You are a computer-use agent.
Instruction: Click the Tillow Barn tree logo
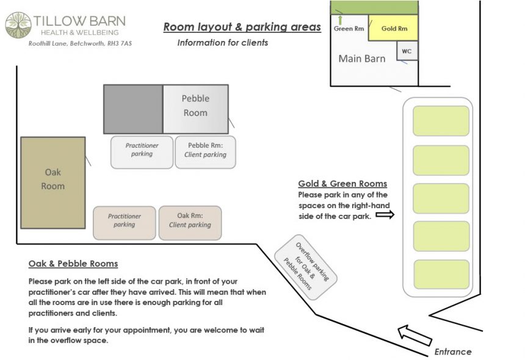pos(18,25)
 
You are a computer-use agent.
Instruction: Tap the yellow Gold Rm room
pos(393,28)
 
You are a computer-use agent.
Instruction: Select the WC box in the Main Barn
pos(407,51)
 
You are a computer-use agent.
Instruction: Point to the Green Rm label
pos(349,29)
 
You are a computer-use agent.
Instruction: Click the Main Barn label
pos(361,59)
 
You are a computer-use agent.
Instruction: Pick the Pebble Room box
pos(195,109)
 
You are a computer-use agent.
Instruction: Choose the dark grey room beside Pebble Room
pos(133,109)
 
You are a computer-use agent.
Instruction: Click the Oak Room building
pos(53,182)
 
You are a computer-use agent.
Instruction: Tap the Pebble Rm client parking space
pos(205,152)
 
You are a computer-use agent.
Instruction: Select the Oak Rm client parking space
pos(190,223)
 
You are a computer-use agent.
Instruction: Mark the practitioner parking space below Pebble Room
pos(142,152)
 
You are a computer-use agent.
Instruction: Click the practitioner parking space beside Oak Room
pos(124,223)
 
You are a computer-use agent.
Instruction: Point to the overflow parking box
pos(306,267)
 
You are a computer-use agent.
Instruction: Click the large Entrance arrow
pos(415,336)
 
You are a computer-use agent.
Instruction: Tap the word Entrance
pos(453,351)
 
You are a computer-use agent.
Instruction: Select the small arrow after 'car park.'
pos(385,215)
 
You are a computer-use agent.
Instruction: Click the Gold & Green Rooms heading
pos(342,184)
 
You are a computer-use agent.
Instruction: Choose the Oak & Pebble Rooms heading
pos(73,264)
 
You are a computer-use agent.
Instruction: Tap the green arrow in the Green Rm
pos(341,20)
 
